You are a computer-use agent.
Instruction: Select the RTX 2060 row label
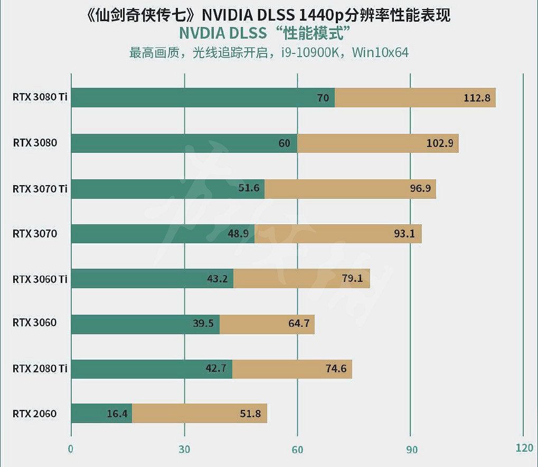pyautogui.click(x=35, y=414)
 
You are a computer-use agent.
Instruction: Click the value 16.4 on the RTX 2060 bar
pyautogui.click(x=117, y=414)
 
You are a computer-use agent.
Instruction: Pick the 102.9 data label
pyautogui.click(x=440, y=143)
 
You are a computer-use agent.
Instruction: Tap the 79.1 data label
pyautogui.click(x=352, y=278)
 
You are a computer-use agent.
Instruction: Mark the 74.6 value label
pyautogui.click(x=336, y=369)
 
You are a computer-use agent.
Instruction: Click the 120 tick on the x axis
pyautogui.click(x=524, y=448)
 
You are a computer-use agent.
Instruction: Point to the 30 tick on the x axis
pyautogui.click(x=184, y=450)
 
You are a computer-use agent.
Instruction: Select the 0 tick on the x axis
pyautogui.click(x=71, y=450)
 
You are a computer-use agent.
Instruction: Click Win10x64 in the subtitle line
pyautogui.click(x=380, y=53)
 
